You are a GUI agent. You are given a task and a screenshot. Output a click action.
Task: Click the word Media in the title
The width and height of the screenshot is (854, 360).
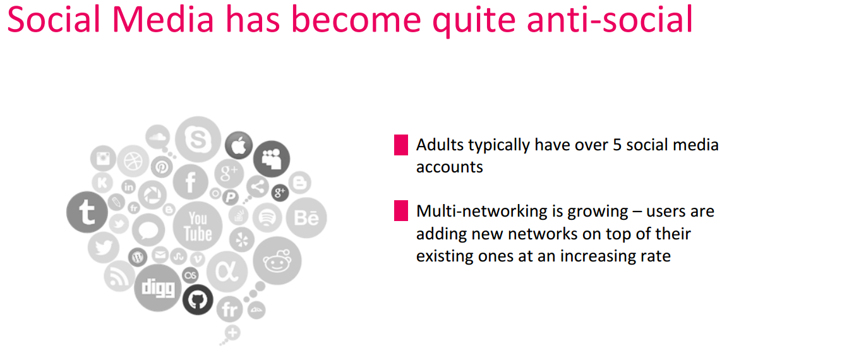click(163, 20)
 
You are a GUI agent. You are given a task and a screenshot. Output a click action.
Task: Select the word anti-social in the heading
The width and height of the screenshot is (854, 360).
click(610, 20)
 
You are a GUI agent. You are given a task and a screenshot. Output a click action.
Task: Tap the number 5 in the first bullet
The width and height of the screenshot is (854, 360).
click(617, 145)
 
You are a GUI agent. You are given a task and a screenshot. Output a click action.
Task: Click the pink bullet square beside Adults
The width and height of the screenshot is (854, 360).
click(401, 145)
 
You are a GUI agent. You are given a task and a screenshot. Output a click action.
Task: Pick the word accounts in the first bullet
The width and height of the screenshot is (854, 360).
click(450, 167)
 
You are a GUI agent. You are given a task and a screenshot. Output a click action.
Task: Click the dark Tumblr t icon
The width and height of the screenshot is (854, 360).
click(87, 212)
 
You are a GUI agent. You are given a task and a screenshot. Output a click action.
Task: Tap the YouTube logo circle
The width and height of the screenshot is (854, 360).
click(198, 227)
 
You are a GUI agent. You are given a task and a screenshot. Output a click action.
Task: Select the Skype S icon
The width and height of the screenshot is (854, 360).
click(198, 139)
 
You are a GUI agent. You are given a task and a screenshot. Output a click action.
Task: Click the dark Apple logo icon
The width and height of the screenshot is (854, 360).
click(239, 145)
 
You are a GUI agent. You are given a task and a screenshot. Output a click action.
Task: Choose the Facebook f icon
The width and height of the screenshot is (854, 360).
click(191, 183)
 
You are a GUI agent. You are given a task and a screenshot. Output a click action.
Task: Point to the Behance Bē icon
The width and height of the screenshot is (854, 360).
click(306, 218)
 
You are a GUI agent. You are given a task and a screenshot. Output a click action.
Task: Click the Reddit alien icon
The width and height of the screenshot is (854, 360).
click(277, 261)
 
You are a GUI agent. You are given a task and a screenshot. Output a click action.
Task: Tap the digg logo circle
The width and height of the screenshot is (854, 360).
click(158, 288)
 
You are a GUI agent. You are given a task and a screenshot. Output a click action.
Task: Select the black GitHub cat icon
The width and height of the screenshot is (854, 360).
click(198, 300)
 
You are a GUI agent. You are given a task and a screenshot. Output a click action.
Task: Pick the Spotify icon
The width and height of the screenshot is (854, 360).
click(267, 218)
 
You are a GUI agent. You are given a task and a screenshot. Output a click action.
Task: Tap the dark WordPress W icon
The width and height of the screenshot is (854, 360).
click(138, 258)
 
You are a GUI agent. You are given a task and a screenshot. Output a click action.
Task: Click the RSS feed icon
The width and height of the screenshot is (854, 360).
click(119, 276)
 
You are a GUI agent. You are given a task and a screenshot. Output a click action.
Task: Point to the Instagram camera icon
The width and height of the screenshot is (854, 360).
click(103, 159)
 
